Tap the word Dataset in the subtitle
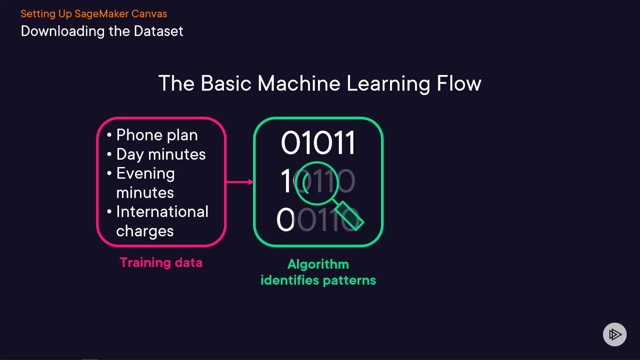point(158,31)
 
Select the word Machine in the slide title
point(299,83)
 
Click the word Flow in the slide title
point(459,83)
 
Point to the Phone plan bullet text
point(157,135)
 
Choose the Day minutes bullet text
point(161,154)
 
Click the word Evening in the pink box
point(145,174)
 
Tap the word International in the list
point(162,212)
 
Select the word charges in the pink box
point(145,231)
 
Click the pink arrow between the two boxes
point(240,182)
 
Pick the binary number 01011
point(318,143)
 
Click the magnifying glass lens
point(317,183)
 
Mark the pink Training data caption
point(161,263)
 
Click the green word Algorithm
point(318,264)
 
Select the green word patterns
point(349,280)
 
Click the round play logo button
point(615,334)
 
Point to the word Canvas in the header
point(149,14)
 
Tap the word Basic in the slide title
point(226,83)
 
